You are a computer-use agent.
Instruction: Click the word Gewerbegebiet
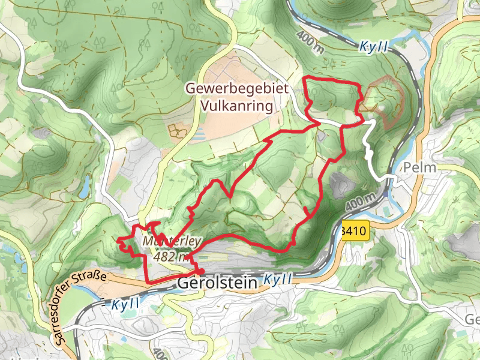click(237, 88)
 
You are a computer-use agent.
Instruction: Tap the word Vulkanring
click(238, 106)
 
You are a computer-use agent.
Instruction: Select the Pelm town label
click(420, 167)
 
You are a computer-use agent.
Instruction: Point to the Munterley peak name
click(173, 241)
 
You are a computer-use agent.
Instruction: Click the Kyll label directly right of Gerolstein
click(278, 280)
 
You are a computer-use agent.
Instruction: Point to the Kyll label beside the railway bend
click(374, 46)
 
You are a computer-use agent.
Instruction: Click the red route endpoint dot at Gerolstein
click(199, 271)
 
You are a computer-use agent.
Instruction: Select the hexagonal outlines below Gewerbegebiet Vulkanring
click(176, 130)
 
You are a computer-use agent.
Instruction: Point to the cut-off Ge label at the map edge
click(472, 319)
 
